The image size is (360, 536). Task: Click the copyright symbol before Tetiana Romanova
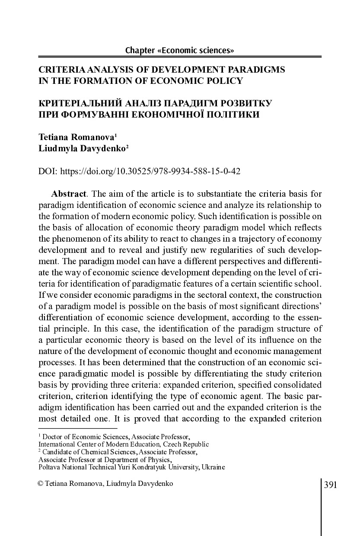[41, 484]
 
